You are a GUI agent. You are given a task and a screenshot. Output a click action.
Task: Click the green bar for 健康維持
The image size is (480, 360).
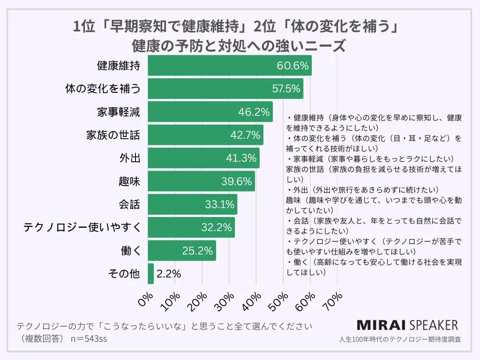point(211,66)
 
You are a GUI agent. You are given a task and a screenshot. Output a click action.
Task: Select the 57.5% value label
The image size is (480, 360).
point(286,89)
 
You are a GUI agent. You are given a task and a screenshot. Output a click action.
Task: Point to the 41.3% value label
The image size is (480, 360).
point(242,158)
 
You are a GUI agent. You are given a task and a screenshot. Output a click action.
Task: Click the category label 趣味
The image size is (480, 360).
point(129,181)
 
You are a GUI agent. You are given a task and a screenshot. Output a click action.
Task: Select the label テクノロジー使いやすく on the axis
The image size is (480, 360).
point(82,227)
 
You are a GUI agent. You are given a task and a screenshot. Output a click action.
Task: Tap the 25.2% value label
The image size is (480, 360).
point(198,251)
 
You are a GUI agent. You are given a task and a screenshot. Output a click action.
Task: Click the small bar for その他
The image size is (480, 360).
point(150,274)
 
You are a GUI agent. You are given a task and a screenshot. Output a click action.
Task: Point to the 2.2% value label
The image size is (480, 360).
point(169,274)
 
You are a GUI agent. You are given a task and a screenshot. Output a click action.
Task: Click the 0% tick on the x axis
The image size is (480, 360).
point(146,300)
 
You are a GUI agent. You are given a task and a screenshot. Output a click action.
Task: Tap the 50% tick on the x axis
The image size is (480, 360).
point(281,300)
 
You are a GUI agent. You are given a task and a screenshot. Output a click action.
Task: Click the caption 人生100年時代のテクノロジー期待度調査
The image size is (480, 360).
point(399,339)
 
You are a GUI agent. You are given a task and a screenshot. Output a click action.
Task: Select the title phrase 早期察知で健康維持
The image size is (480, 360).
point(178,27)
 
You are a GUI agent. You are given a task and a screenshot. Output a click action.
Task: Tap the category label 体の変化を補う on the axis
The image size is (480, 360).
point(102,89)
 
